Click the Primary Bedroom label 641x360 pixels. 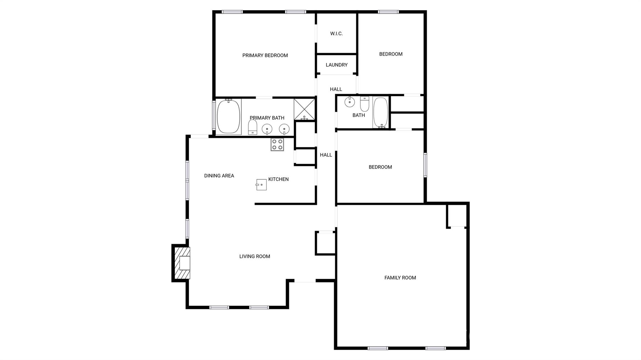265,55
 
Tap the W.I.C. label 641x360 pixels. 336,33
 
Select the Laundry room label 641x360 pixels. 336,65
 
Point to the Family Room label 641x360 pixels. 400,277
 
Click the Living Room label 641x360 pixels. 254,256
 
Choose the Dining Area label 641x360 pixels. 219,175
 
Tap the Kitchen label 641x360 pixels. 278,179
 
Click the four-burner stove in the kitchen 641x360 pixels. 277,145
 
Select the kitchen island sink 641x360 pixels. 261,185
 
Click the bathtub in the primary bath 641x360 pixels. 228,116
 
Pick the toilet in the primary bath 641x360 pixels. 252,127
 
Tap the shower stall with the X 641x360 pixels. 304,109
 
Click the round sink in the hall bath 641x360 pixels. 349,102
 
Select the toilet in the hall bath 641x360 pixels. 365,104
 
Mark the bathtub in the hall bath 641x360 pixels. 381,112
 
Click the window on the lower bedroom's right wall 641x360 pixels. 425,165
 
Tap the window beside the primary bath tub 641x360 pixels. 214,115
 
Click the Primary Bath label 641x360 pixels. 267,118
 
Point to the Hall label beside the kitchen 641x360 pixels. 326,155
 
